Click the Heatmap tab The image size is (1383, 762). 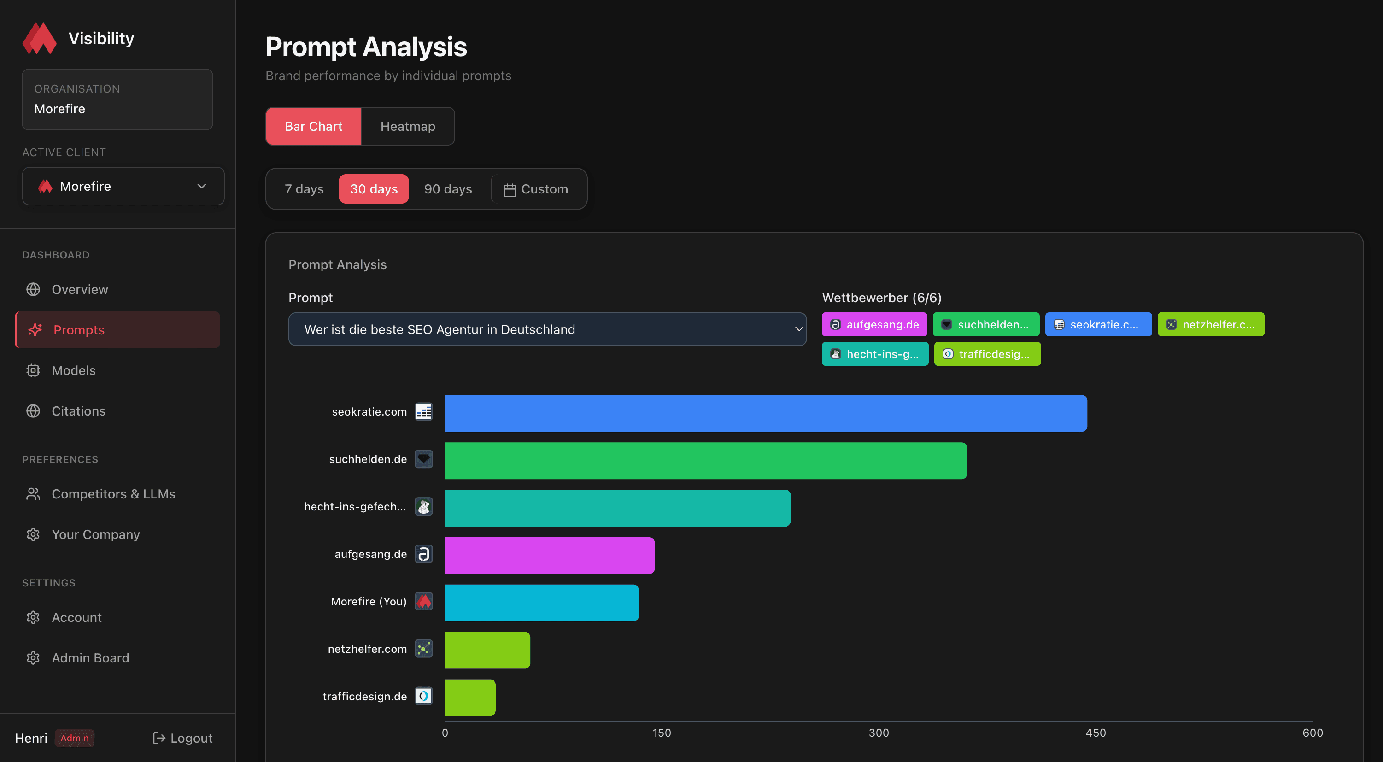pyautogui.click(x=408, y=126)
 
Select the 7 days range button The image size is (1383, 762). pyautogui.click(x=304, y=189)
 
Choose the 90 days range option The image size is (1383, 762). pyautogui.click(x=448, y=189)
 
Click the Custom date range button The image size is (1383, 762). pyautogui.click(x=536, y=189)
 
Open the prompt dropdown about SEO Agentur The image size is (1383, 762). pyautogui.click(x=547, y=329)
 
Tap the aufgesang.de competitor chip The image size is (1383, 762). pyautogui.click(x=874, y=324)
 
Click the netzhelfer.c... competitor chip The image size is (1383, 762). pyautogui.click(x=1210, y=324)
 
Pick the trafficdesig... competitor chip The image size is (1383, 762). pyautogui.click(x=987, y=354)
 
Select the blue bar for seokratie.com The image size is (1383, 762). pyautogui.click(x=766, y=413)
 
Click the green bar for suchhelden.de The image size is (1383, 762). pyautogui.click(x=705, y=461)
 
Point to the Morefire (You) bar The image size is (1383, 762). pyautogui.click(x=541, y=603)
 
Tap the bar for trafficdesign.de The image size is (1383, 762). pyautogui.click(x=470, y=697)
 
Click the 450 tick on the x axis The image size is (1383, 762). pyautogui.click(x=1095, y=733)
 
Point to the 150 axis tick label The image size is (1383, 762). pyautogui.click(x=662, y=733)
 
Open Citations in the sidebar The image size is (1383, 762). pyautogui.click(x=78, y=411)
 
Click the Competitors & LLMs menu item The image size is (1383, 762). pyautogui.click(x=113, y=493)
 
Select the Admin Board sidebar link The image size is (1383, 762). pyautogui.click(x=90, y=658)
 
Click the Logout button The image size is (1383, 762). pyautogui.click(x=182, y=738)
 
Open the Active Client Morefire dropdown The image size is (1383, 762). pyautogui.click(x=123, y=186)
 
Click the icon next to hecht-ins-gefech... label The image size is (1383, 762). pyautogui.click(x=423, y=506)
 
